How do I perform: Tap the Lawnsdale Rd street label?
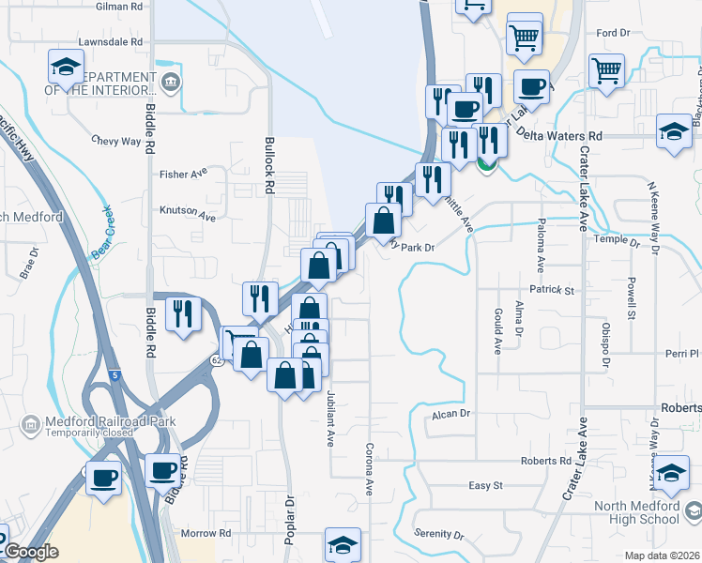[x=111, y=42]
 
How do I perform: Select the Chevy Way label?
[x=115, y=142]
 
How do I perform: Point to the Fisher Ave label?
[x=183, y=175]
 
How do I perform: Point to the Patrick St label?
[x=551, y=291]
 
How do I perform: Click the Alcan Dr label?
[x=450, y=414]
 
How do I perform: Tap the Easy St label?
[x=486, y=486]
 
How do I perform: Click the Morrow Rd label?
[x=206, y=533]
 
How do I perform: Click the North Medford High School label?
[x=637, y=513]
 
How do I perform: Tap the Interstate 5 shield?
[x=114, y=375]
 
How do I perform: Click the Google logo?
[x=30, y=552]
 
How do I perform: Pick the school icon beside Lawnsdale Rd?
[x=66, y=68]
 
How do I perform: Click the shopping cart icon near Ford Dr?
[x=606, y=68]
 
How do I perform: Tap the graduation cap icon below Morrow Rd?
[x=343, y=544]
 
